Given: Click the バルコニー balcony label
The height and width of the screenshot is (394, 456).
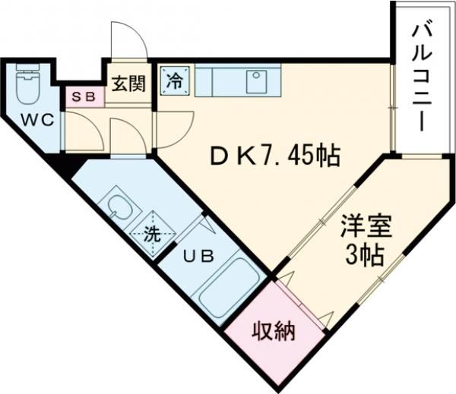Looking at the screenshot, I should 422,76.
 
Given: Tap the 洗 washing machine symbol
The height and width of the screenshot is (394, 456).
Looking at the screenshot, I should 153,233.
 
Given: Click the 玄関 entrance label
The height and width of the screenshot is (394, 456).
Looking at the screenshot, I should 129,82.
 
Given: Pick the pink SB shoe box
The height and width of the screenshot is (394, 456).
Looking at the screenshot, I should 81,96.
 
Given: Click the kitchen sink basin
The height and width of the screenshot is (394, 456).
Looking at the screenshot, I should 256,80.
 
